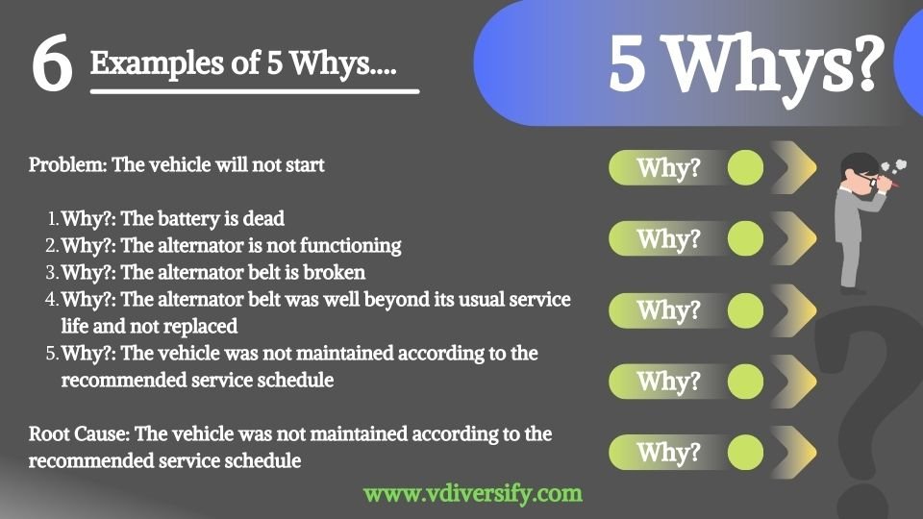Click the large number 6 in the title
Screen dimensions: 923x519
pyautogui.click(x=52, y=63)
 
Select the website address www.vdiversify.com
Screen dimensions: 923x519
pyautogui.click(x=473, y=493)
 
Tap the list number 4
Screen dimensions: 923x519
pyautogui.click(x=51, y=299)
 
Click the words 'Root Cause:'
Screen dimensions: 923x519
pyautogui.click(x=79, y=433)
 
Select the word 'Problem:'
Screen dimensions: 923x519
pyautogui.click(x=67, y=164)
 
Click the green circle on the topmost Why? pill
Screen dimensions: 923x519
pyautogui.click(x=745, y=167)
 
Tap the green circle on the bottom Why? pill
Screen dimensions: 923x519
pyautogui.click(x=745, y=453)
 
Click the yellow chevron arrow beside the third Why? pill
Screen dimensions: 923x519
pyautogui.click(x=796, y=310)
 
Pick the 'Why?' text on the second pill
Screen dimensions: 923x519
pyautogui.click(x=669, y=239)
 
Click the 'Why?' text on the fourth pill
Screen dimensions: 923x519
pyautogui.click(x=669, y=382)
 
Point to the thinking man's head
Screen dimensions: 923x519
pyautogui.click(x=861, y=172)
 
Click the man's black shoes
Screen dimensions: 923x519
pyautogui.click(x=853, y=290)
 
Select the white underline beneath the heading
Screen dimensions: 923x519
pyautogui.click(x=255, y=91)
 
